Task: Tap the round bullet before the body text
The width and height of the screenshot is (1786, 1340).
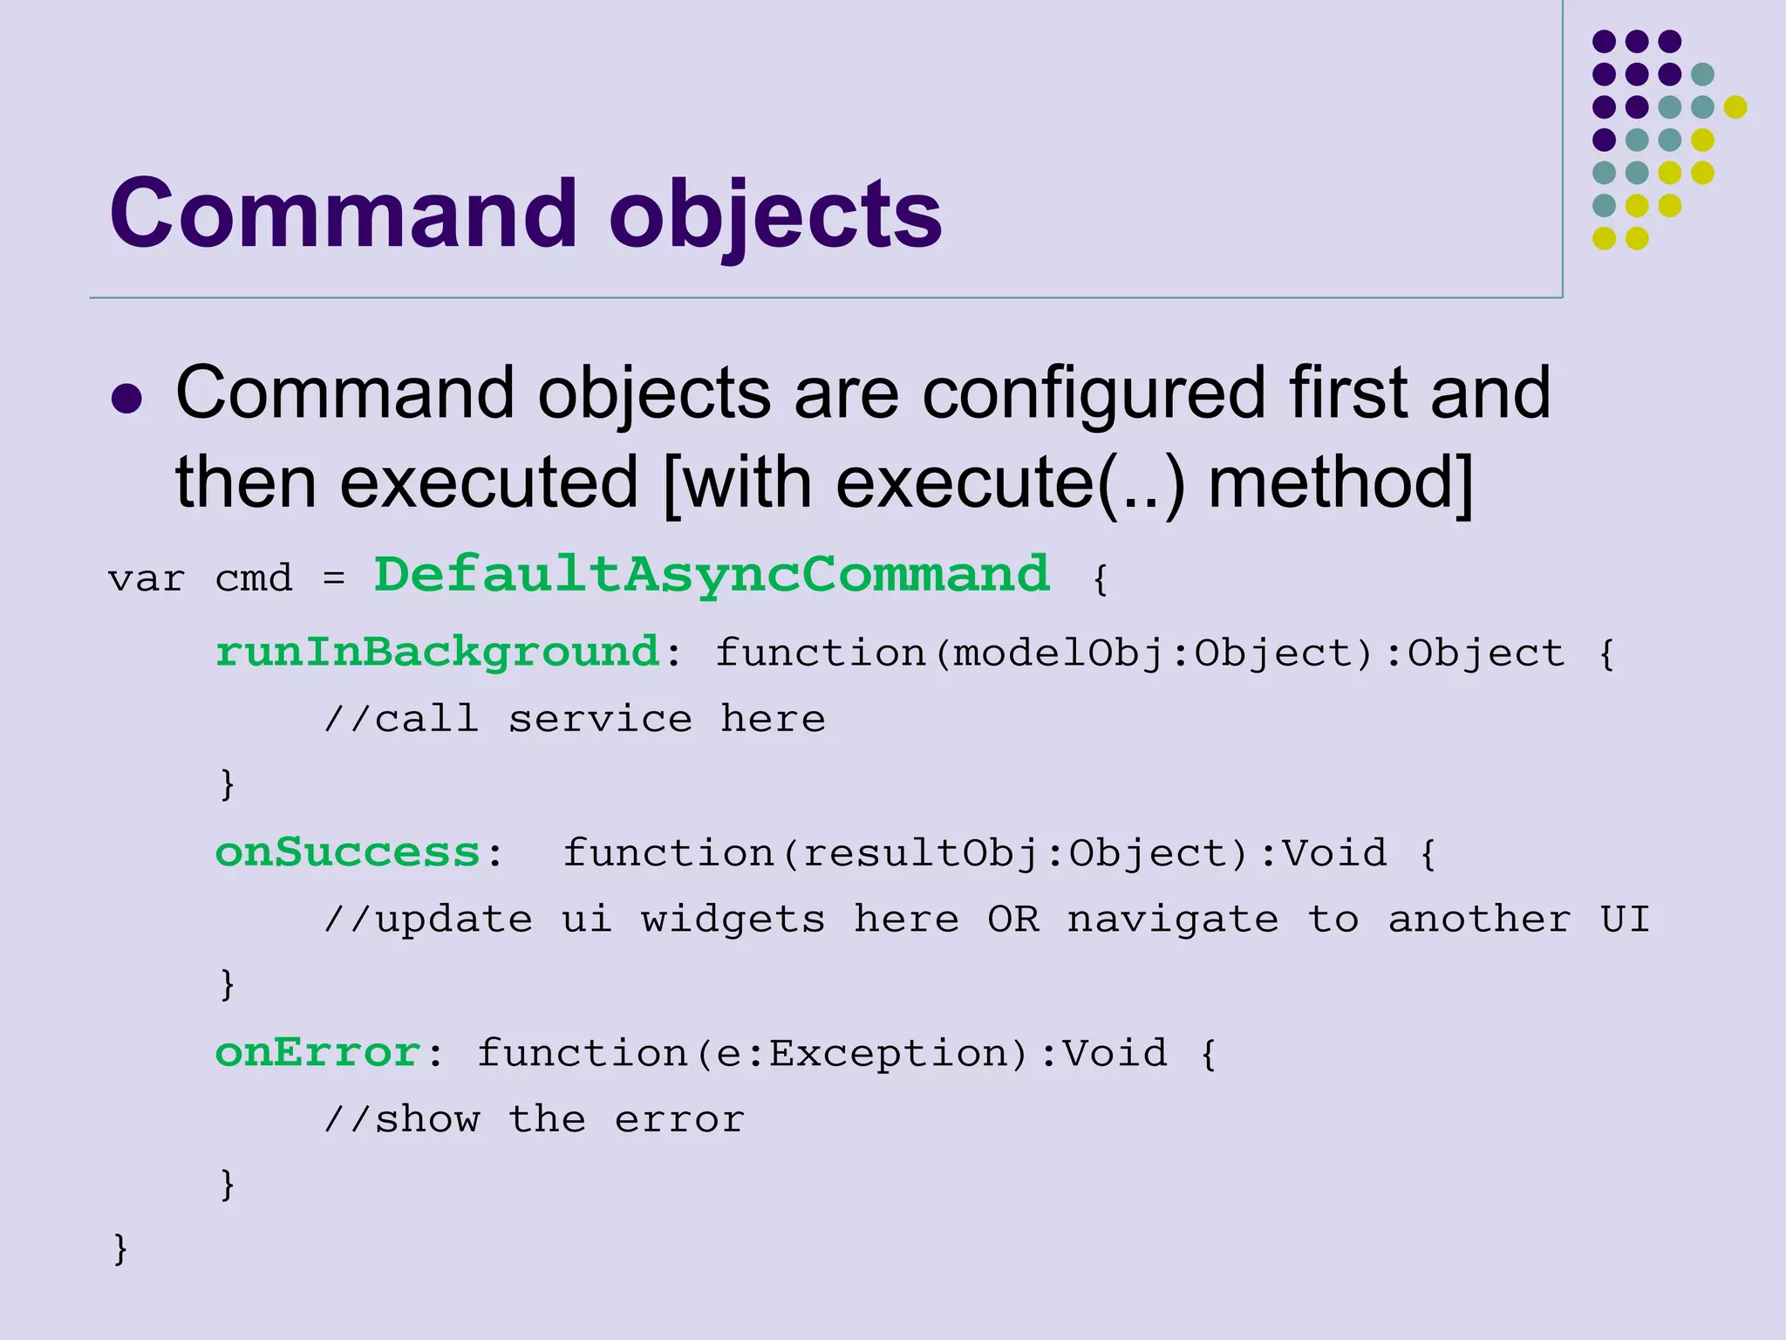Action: (127, 399)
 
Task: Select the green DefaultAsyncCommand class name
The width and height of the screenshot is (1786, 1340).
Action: (712, 575)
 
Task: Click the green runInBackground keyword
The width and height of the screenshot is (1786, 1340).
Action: (437, 653)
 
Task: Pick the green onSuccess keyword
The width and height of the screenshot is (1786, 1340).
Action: (348, 852)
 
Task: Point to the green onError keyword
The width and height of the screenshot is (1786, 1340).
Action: (318, 1052)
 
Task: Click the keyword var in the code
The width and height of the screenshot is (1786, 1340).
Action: (146, 578)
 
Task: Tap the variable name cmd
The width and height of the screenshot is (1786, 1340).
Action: (253, 578)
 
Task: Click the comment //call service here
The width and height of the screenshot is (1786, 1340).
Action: (575, 720)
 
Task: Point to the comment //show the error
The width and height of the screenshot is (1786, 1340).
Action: (534, 1119)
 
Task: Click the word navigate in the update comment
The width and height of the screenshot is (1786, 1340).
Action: (1173, 920)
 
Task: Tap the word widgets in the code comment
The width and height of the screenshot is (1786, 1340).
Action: (733, 920)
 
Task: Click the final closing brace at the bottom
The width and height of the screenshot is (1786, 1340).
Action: (120, 1248)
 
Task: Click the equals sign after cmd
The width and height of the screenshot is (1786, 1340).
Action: (334, 578)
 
